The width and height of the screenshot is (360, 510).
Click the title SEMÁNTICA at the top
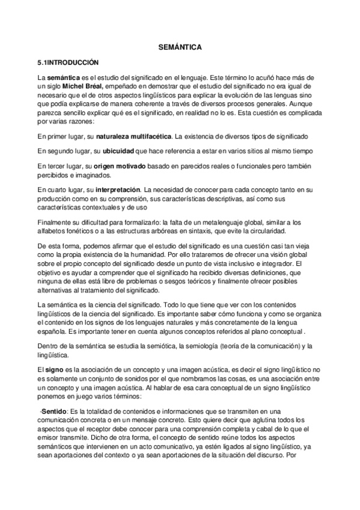pyautogui.click(x=180, y=46)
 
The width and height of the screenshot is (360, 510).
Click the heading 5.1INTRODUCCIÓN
pyautogui.click(x=67, y=62)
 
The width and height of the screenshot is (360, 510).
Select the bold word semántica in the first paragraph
pyautogui.click(x=63, y=78)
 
